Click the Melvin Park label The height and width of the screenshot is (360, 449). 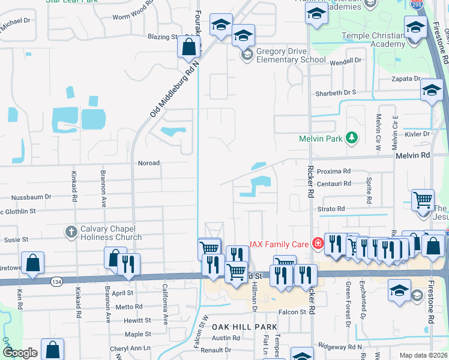click(x=321, y=139)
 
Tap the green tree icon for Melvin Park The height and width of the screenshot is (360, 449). click(x=352, y=139)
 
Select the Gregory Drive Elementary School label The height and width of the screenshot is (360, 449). click(x=291, y=56)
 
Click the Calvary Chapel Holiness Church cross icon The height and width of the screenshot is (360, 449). click(x=71, y=231)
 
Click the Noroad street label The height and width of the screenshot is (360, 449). click(x=149, y=163)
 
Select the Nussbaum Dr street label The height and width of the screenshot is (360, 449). click(x=32, y=196)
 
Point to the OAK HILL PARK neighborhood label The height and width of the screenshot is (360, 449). click(x=244, y=327)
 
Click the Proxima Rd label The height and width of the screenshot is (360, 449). click(x=333, y=171)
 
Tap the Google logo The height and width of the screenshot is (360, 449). click(x=20, y=353)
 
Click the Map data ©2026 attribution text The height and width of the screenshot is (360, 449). click(x=424, y=355)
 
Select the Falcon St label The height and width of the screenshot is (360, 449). click(x=293, y=311)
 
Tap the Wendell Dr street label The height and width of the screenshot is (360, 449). click(x=348, y=61)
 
